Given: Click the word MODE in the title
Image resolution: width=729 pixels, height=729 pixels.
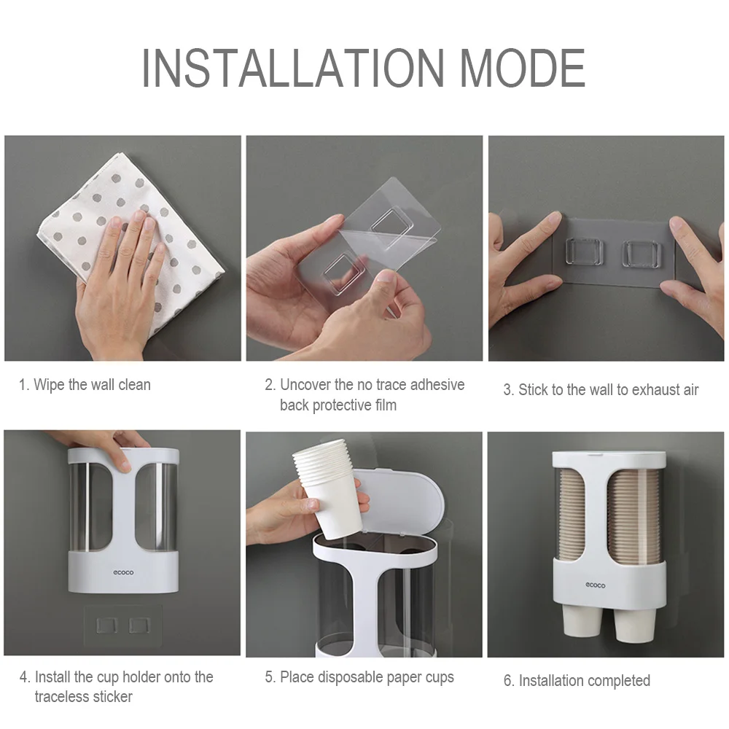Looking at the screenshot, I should (x=523, y=68).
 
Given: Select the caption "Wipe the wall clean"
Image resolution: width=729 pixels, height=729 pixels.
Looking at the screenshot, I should (x=92, y=384).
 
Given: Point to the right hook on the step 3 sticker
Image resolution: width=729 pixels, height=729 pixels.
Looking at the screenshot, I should (x=639, y=252).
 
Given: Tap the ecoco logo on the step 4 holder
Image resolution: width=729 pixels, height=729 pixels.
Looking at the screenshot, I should (x=123, y=572).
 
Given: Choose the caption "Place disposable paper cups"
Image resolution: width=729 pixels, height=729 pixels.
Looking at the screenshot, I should (x=367, y=677).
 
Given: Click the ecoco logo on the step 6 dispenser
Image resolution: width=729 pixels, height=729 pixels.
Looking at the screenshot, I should (x=595, y=585).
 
